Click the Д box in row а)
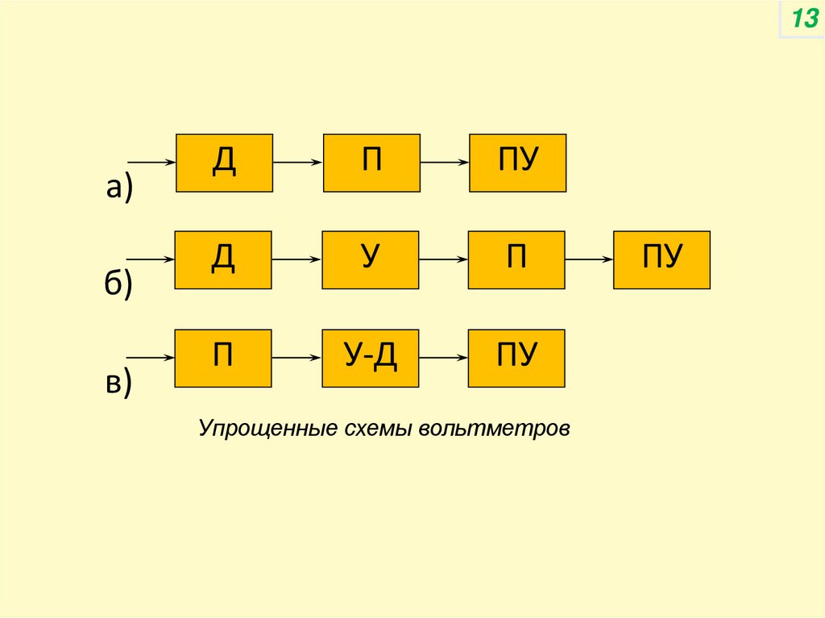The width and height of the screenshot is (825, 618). [x=224, y=163]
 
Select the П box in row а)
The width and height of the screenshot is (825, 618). [x=371, y=163]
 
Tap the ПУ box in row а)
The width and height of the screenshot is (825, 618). [x=517, y=163]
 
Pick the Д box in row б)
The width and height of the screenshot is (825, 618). [x=223, y=259]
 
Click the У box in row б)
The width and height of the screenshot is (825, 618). [x=370, y=259]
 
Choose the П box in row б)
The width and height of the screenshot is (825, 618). [x=516, y=259]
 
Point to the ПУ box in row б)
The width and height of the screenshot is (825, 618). [x=661, y=259]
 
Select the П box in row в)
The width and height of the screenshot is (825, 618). [x=223, y=357]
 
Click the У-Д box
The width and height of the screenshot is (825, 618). [x=370, y=357]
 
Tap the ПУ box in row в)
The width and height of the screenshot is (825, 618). [x=516, y=357]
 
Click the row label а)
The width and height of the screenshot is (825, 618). [x=118, y=187]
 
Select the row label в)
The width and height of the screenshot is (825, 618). [x=118, y=383]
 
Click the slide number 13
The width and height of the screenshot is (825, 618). [x=803, y=19]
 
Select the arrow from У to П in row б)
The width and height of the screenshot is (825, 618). [x=443, y=259]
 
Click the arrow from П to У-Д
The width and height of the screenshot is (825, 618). [x=296, y=357]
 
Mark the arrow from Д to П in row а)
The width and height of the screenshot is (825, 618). [x=297, y=163]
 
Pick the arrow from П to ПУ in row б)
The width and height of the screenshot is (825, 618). [x=589, y=259]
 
